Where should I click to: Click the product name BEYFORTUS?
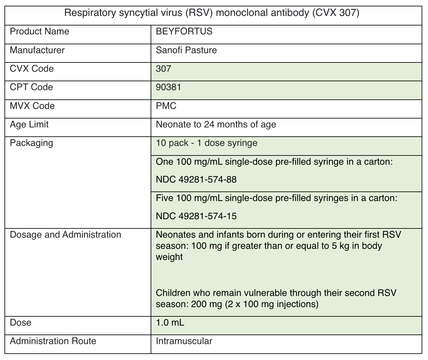click(x=184, y=32)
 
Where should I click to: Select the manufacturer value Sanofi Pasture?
click(x=186, y=50)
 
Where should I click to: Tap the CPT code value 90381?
click(x=168, y=87)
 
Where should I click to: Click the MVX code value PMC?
click(x=166, y=106)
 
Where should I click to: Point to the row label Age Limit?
click(x=29, y=124)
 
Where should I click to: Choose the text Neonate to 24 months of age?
click(x=216, y=124)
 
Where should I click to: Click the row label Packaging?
click(x=32, y=143)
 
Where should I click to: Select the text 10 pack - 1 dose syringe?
click(x=206, y=143)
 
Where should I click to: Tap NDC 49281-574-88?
click(x=196, y=180)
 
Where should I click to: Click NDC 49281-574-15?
click(x=196, y=216)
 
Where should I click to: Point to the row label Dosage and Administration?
click(x=66, y=235)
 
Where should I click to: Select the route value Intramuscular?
click(x=184, y=341)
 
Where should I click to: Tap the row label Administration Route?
click(x=53, y=341)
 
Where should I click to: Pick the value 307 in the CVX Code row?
click(x=163, y=69)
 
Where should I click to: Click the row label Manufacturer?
click(x=37, y=50)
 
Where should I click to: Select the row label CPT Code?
click(x=32, y=87)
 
